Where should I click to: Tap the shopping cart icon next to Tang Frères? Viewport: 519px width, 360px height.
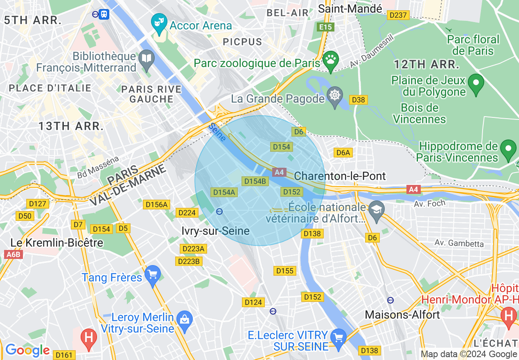pos(153,275)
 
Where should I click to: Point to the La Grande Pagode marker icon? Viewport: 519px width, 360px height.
pos(335,97)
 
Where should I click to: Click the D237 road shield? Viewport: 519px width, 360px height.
pos(398,15)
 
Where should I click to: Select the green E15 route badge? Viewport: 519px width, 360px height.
pos(326,27)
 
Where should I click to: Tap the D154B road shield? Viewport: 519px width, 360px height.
pos(255,181)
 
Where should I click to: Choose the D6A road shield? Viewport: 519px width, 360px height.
pos(343,153)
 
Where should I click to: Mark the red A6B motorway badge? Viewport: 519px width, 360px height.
pos(13,254)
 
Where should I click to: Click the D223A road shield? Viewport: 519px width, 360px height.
pos(193,249)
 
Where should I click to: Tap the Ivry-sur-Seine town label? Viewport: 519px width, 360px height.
pos(215,231)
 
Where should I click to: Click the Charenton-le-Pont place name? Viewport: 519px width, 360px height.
pos(340,176)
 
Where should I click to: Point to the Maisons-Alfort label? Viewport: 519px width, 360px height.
pos(402,315)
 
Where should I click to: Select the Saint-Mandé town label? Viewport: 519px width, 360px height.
pos(350,8)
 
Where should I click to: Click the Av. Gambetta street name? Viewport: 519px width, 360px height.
pos(459,243)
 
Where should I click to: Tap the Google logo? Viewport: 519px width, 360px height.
pos(27,350)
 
